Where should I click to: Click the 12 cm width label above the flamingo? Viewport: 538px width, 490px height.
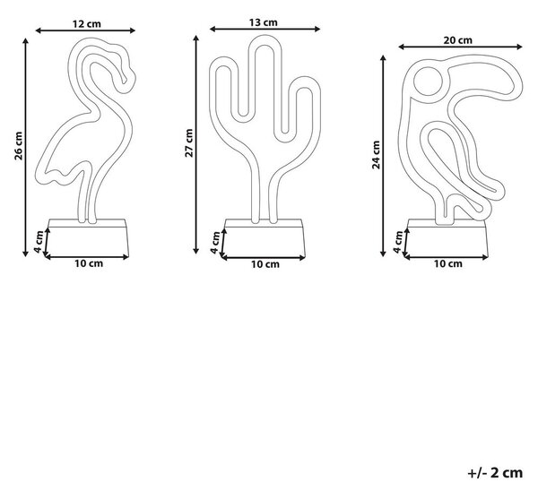click(87, 24)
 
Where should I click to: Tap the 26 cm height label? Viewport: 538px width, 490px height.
click(19, 146)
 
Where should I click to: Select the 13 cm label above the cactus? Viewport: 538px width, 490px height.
click(263, 22)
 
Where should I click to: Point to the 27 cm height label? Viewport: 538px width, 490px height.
click(189, 143)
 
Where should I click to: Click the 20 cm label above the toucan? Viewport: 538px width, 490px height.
click(457, 40)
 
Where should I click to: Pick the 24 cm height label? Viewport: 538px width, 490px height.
click(377, 155)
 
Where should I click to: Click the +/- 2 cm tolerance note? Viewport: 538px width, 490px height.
click(495, 473)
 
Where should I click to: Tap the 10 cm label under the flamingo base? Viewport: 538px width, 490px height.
click(89, 263)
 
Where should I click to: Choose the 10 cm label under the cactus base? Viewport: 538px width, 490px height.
click(265, 264)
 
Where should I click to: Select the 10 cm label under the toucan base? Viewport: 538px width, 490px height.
click(448, 263)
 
